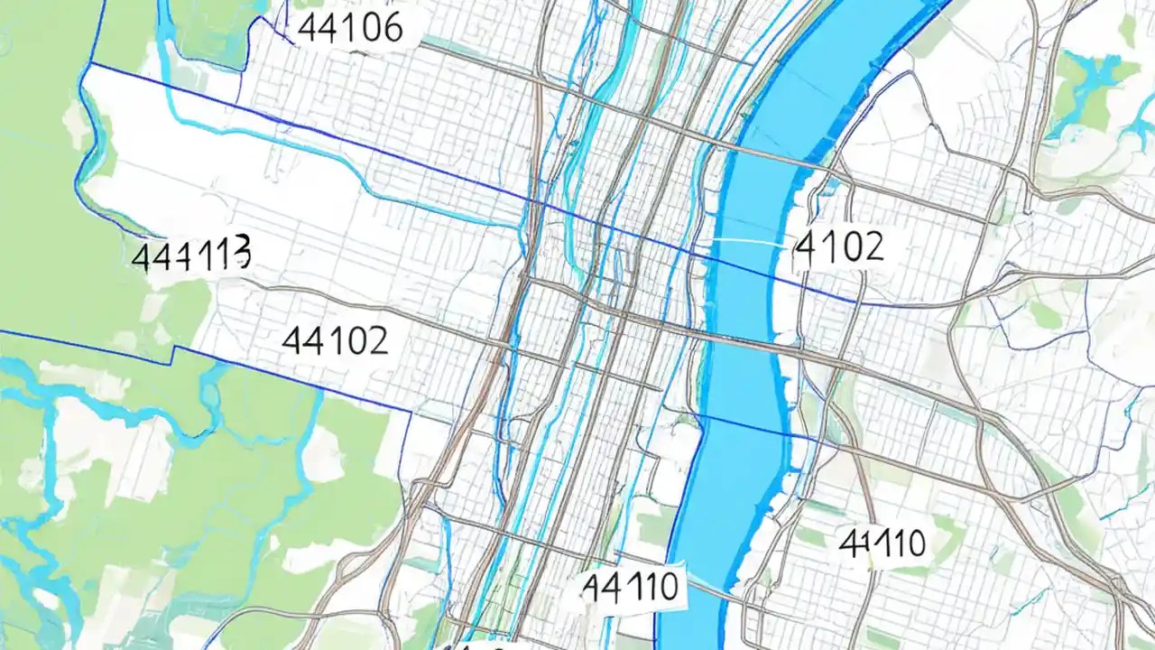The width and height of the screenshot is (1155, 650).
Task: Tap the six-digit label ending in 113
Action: click(190, 255)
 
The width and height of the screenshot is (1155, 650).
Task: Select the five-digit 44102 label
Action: click(335, 340)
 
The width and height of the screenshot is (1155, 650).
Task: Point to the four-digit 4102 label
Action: click(838, 247)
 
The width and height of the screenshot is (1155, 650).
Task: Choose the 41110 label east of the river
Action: click(882, 543)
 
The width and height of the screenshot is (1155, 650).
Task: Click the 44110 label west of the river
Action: click(630, 587)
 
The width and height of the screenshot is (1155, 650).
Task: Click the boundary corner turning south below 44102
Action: click(411, 412)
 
